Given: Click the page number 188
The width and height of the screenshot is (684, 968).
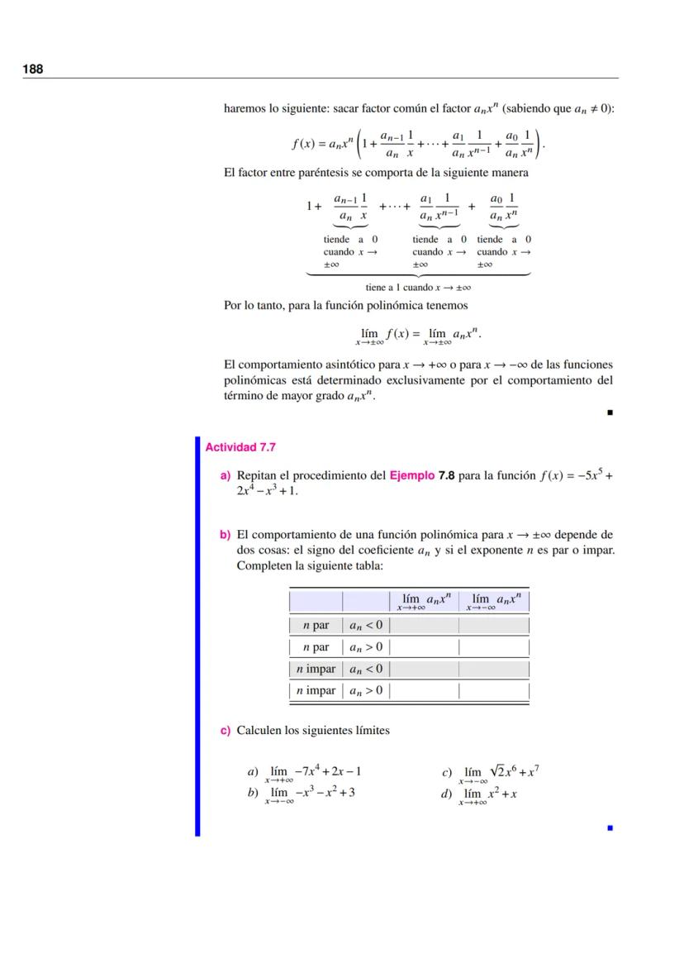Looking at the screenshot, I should (33, 69).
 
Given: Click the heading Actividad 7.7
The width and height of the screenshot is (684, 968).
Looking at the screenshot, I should (240, 447).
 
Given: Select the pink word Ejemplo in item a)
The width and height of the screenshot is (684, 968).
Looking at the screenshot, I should (412, 475).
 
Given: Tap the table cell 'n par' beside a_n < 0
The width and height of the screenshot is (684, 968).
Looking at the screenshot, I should (316, 625).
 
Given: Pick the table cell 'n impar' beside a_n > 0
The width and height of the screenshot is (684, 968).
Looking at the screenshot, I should (316, 690).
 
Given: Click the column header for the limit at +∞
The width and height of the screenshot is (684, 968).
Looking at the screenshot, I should (425, 601).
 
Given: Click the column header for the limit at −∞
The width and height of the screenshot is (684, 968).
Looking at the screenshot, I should (494, 601).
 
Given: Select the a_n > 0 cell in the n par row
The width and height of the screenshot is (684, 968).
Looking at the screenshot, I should (366, 647).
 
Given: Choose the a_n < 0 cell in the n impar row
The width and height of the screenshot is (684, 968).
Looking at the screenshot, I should (366, 669).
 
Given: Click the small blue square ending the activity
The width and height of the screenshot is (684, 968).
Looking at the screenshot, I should (610, 826).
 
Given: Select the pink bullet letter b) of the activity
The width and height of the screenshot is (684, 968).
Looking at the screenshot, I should (225, 535).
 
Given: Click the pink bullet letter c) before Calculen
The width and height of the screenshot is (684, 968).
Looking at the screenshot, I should (225, 731).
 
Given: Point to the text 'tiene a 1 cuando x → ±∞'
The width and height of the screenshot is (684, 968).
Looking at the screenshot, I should (418, 288).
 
